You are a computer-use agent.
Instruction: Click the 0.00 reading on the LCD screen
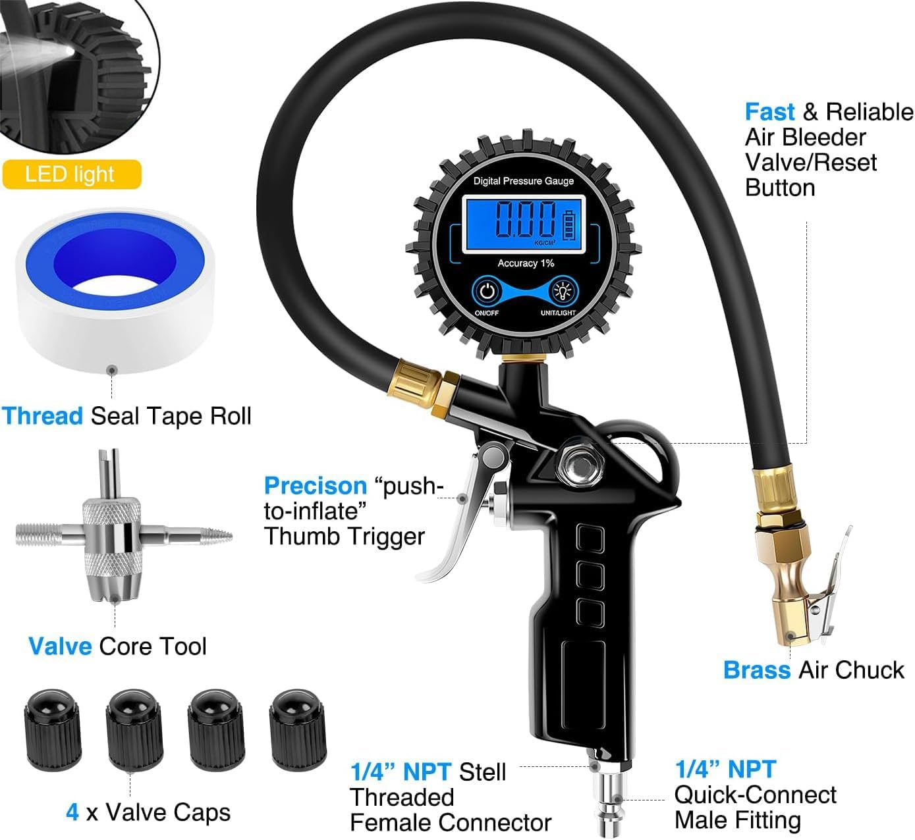[x=524, y=220]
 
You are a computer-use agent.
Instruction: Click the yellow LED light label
[x=71, y=174]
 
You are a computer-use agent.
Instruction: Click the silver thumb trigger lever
[x=461, y=513]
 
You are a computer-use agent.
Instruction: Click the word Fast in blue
[x=769, y=112]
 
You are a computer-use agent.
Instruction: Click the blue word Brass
[x=756, y=670]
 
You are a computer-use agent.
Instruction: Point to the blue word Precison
[x=315, y=486]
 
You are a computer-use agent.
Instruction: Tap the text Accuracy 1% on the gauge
[x=525, y=263]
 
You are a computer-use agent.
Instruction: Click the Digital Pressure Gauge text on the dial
[x=524, y=180]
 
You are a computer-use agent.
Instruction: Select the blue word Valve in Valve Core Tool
[x=60, y=646]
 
